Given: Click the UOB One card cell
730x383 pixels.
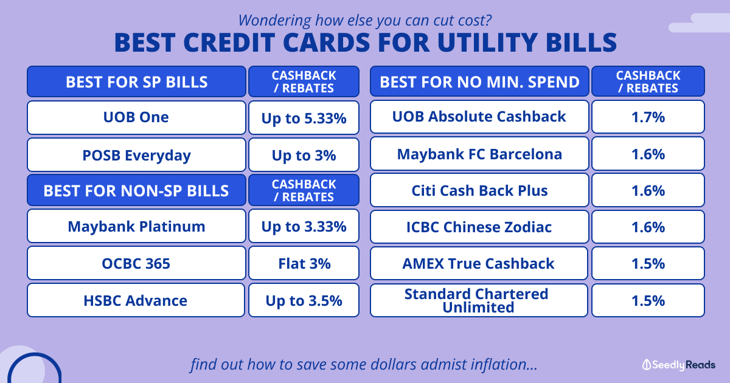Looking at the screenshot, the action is pos(136,117).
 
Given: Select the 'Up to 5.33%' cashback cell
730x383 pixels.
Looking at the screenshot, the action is pos(304,117).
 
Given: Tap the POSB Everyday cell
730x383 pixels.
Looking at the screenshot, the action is pos(136,154).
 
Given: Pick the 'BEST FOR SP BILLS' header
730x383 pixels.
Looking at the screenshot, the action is pos(136,81).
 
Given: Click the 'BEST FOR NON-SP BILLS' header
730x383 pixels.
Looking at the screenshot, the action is pos(136,190).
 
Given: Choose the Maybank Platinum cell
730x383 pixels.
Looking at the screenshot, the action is pos(136,226).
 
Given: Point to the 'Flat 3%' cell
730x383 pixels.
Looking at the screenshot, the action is pos(304,263).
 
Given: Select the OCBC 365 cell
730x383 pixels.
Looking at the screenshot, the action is pos(136,263).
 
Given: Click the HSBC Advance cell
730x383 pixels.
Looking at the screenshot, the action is pos(136,300).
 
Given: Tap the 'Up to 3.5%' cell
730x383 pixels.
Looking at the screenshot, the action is pos(304,300).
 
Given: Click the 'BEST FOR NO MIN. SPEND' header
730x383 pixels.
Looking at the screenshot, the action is pos(479,81).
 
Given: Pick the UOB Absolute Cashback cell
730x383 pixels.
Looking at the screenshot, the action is pos(479,117).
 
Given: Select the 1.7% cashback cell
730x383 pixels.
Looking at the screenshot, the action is pos(648,117).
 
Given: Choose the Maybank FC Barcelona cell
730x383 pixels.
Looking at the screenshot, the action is pos(479,153).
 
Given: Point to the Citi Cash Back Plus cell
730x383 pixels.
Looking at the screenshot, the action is pos(479,190).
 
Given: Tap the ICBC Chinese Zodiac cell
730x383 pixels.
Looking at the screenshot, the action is pos(479,227).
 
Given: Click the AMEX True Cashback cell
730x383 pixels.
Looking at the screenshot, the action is pos(479,263).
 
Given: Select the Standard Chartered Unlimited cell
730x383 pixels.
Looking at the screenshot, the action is pos(479,300).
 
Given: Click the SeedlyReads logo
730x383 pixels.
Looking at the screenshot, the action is pos(678,365).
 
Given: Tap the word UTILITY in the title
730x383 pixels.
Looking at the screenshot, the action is pos(487,43).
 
